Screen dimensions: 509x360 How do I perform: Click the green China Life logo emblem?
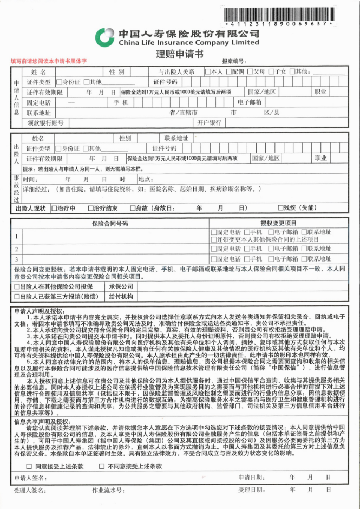click(104, 37)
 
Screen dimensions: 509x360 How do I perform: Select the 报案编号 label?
click(234, 62)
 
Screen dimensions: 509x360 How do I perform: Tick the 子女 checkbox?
click(272, 71)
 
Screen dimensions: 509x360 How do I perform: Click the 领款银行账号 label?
click(45, 123)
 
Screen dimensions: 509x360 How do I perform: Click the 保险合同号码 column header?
click(110, 223)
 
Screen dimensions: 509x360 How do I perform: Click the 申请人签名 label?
click(32, 478)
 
